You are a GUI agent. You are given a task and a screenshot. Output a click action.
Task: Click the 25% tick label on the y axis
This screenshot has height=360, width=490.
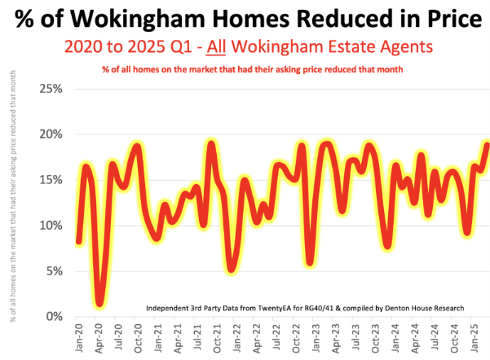coord(51,88)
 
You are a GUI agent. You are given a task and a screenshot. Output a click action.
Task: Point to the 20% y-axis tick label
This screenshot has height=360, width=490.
coord(51,134)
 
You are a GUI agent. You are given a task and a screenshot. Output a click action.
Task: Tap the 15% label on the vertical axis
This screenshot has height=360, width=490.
coord(51,179)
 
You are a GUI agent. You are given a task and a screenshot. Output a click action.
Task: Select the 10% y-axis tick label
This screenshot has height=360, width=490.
coord(51,225)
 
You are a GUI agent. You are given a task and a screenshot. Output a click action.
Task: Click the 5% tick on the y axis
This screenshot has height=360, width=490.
coord(54,270)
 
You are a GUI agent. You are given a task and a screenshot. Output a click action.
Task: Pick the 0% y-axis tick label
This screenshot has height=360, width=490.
coord(54,316)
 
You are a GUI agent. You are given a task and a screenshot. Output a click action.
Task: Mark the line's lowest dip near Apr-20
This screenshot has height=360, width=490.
coord(99,304)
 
